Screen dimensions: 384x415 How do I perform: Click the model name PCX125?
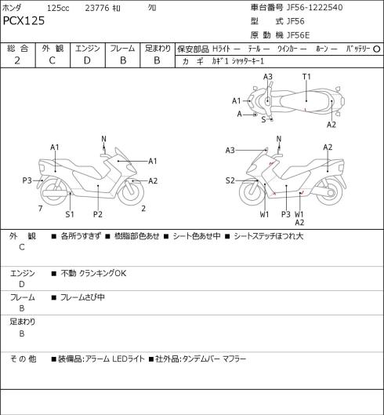pos(24,20)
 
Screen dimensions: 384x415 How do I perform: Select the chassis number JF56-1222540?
pos(315,7)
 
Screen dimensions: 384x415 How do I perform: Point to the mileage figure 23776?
pos(97,8)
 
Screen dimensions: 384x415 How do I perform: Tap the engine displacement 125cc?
pos(58,8)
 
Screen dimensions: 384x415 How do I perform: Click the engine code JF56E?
pos(298,35)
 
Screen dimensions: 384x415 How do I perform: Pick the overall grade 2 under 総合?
pos(17,61)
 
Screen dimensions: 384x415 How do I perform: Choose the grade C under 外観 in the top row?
pos(52,61)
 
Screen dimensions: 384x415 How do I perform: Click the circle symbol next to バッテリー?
pos(377,49)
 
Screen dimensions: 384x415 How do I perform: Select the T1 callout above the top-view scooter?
pos(306,77)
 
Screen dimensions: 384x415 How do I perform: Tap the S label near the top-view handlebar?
pos(263,119)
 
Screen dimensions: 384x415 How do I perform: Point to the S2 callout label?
pos(230,180)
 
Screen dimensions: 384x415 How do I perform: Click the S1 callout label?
pos(70,214)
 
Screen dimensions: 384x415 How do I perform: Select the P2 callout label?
pos(98,214)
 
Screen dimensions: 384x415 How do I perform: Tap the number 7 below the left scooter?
pos(40,209)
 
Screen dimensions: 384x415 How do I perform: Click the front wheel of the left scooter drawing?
pos(131,192)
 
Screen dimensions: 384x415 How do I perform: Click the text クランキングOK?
pos(103,273)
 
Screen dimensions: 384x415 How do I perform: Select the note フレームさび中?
pos(82,297)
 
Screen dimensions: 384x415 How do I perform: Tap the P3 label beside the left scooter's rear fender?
pos(27,180)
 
